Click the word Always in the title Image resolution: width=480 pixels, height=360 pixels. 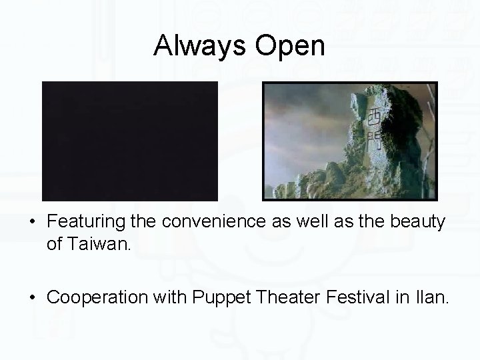[194, 46]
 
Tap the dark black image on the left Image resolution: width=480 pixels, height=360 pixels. [130, 141]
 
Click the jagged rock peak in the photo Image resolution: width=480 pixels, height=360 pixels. [393, 100]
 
